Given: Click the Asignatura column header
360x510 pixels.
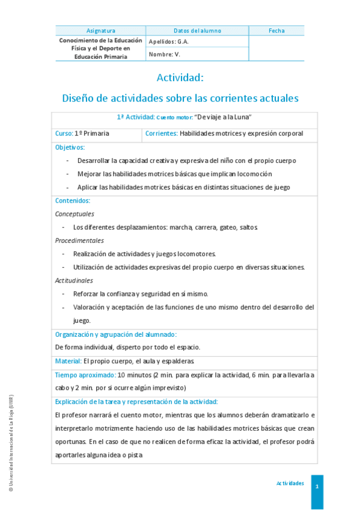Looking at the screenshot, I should pos(100,31).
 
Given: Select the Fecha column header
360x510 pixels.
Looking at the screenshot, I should pos(276,31).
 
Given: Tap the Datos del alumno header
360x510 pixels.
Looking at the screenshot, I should pos(197,31).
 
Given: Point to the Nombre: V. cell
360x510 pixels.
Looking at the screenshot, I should pos(164,54).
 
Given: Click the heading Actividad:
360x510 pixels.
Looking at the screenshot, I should pos(180,78).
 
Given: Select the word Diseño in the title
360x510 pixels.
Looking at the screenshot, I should pos(79,97).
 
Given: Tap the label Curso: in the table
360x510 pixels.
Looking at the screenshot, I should pos(64,133).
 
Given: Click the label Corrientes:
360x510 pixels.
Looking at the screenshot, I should pos(161,133).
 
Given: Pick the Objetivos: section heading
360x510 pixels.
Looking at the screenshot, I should pos(70,147).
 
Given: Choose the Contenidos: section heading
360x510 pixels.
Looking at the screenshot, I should pos(72,201).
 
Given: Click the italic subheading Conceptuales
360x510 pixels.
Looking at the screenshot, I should pos(75,214).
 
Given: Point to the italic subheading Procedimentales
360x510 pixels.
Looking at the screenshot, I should pos(79,241).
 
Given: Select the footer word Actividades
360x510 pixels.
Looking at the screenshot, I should pos(290,484).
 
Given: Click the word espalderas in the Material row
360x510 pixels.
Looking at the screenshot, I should pos(177,361).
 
